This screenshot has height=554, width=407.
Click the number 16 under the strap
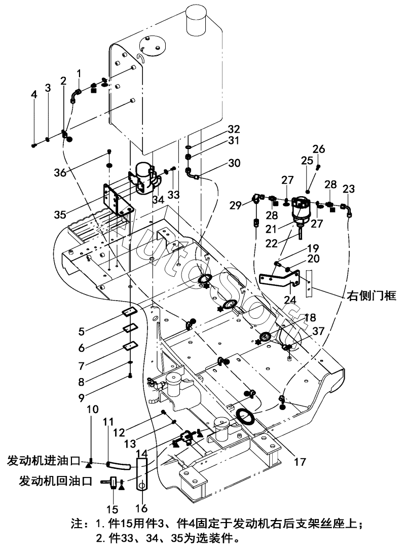tap(143, 508)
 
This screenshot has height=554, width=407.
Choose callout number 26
tap(318, 149)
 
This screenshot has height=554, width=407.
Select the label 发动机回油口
tap(55, 480)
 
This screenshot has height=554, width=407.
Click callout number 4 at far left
tap(34, 95)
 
